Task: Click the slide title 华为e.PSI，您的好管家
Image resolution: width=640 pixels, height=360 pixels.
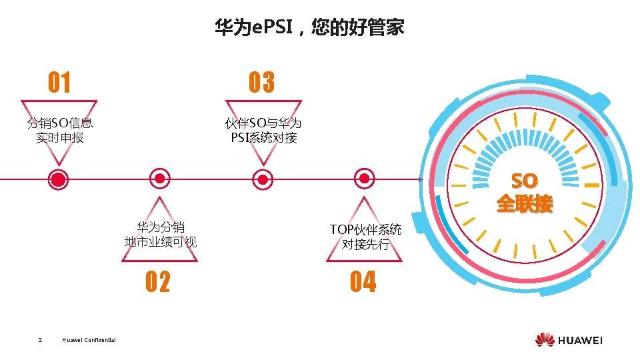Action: [309, 28]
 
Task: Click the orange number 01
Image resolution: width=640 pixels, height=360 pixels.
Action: [59, 83]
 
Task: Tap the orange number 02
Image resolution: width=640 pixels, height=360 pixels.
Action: [158, 283]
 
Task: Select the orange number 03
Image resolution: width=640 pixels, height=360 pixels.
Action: [262, 83]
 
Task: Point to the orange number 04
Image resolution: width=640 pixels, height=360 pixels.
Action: [363, 283]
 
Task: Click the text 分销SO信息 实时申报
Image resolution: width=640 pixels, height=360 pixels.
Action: [59, 130]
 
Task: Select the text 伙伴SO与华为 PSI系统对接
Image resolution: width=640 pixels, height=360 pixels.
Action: [263, 130]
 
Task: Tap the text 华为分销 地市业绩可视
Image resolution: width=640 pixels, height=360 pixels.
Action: [161, 234]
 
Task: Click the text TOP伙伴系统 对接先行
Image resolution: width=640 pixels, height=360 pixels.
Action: [365, 237]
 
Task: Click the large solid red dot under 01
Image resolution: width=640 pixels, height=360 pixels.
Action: [59, 179]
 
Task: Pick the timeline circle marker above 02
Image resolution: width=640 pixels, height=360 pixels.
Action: [159, 179]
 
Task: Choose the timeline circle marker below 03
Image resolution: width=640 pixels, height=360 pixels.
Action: [263, 179]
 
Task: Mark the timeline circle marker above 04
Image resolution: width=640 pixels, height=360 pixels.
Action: [364, 179]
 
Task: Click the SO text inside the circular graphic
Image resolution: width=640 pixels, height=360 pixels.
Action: [524, 181]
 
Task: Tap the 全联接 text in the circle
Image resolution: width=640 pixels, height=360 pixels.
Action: [525, 204]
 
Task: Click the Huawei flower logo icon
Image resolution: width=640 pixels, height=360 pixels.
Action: [544, 339]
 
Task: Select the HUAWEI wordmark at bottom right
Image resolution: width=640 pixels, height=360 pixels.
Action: [580, 340]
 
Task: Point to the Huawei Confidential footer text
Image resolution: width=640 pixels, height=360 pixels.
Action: [89, 341]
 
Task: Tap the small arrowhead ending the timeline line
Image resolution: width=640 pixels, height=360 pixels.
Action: [421, 179]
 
